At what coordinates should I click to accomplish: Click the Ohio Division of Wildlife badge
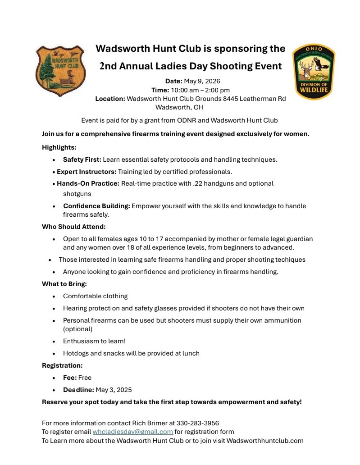coord(314,71)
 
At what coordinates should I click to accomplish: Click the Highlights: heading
coord(59,147)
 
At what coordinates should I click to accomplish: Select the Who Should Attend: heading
coord(73,227)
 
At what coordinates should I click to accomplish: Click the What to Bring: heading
coord(64,284)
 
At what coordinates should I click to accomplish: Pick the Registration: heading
coord(62,365)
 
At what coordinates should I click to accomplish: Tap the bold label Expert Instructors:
coord(87,172)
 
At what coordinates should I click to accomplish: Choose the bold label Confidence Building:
coord(96,206)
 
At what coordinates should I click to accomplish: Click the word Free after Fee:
coord(85,378)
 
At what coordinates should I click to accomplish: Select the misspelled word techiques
coord(289,260)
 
